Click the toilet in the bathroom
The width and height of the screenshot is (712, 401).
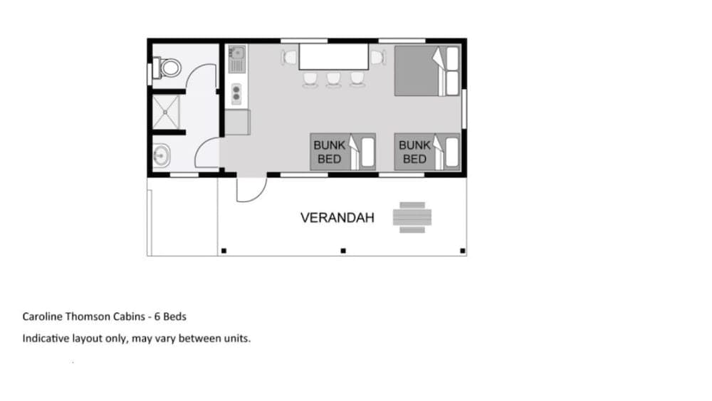tap(169, 68)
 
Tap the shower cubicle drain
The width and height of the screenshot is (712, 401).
tap(166, 110)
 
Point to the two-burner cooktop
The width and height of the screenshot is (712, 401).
tap(236, 93)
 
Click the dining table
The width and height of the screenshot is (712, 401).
tap(333, 57)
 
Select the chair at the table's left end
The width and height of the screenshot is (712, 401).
tap(289, 57)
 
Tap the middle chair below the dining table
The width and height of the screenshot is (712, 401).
tap(333, 79)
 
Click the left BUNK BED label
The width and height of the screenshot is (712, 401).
tap(330, 152)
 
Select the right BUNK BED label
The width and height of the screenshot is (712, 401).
tap(414, 152)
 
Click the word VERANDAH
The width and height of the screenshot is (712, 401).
tap(337, 218)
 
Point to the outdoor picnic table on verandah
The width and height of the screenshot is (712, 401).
tap(412, 217)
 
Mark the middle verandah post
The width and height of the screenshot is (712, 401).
tap(342, 251)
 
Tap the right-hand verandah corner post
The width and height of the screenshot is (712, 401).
tap(462, 251)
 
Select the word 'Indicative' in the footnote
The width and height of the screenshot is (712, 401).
tap(45, 338)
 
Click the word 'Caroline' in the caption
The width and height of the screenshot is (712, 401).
tap(41, 316)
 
